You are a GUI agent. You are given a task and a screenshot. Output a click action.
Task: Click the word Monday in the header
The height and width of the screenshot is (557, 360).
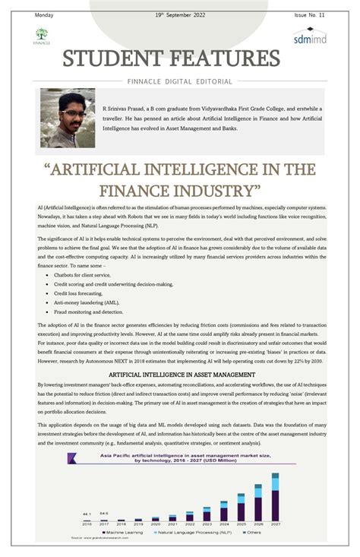click(44, 15)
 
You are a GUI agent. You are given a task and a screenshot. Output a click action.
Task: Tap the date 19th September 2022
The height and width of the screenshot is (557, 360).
click(181, 15)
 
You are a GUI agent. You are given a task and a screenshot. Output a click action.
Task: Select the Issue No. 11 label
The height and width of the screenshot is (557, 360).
click(310, 15)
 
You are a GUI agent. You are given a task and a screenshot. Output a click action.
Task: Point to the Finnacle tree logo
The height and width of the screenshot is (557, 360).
click(41, 35)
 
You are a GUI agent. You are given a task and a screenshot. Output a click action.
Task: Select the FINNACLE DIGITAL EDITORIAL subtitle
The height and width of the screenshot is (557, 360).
click(180, 80)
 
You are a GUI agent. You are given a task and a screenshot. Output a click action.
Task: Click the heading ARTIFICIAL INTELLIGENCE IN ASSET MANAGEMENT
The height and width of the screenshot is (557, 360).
click(180, 375)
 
